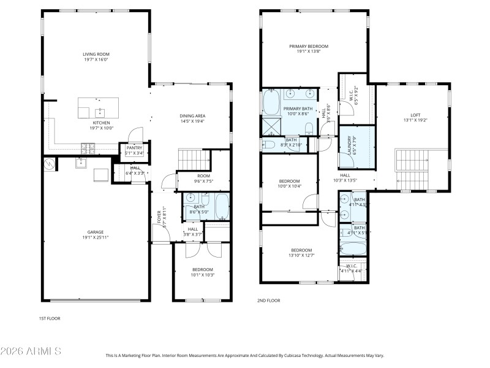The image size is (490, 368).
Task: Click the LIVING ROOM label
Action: click(96, 54)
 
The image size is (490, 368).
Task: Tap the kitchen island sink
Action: click(99, 112)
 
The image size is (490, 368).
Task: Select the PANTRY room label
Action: click(134, 148)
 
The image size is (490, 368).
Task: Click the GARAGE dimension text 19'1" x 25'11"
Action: click(95, 237)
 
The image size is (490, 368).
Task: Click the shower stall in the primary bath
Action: click(271, 126)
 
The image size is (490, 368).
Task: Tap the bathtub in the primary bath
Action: click(271, 102)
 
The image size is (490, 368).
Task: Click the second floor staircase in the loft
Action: click(412, 169)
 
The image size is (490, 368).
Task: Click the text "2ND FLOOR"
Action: click(268, 301)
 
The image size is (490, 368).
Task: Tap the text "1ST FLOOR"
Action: click(50, 318)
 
